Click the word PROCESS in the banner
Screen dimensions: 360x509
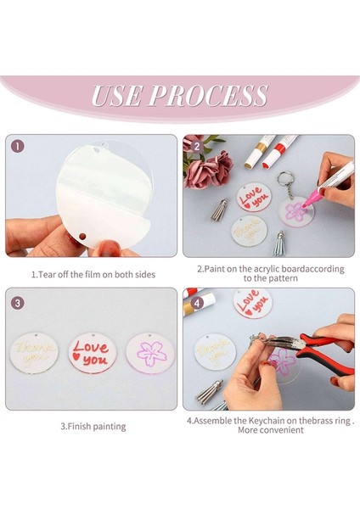click(208, 95)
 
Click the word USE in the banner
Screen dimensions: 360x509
click(116, 95)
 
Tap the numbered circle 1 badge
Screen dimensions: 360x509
click(18, 147)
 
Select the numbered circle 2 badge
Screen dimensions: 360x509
click(196, 147)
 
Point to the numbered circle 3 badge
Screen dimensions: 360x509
click(18, 303)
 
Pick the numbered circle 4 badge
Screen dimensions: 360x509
click(196, 303)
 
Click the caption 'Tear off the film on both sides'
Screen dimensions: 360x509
click(97, 275)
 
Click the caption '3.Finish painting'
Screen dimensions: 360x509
click(93, 426)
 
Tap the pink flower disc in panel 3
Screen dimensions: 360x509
click(150, 354)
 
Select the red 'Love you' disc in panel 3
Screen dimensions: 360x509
click(93, 353)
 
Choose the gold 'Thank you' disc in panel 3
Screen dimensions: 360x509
click(34, 353)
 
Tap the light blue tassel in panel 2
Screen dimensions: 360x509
click(278, 243)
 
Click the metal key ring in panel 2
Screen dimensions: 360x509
click(285, 178)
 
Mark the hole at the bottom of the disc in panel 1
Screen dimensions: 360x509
click(82, 236)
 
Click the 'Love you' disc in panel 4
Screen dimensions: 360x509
click(253, 303)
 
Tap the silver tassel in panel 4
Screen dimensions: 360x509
click(209, 392)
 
